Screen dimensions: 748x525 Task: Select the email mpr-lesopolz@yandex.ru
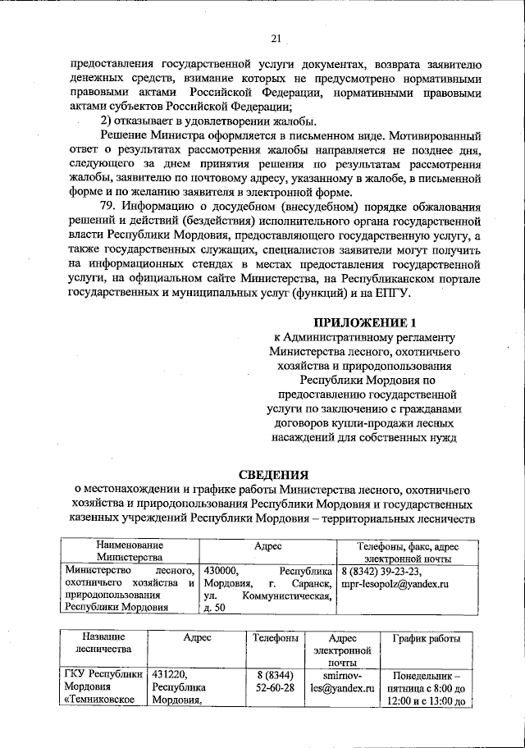pyautogui.click(x=395, y=584)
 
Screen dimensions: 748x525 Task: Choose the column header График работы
pyautogui.click(x=426, y=638)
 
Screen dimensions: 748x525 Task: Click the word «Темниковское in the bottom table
pyautogui.click(x=103, y=700)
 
